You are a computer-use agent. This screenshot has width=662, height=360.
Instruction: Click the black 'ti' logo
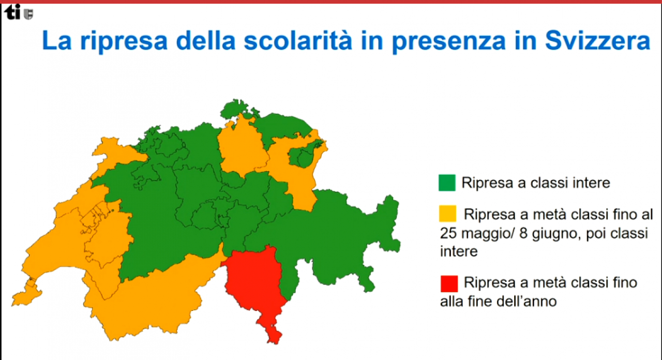[x=12, y=12]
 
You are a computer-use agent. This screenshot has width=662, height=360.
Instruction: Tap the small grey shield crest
[x=28, y=14]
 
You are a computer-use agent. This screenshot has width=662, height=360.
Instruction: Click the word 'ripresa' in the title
[x=124, y=41]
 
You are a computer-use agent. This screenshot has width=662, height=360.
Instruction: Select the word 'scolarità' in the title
[x=298, y=40]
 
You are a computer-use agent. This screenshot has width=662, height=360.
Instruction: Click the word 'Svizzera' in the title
[x=597, y=40]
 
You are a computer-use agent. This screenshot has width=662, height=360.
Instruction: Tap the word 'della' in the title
[x=206, y=40]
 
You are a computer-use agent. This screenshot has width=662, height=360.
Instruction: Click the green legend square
[x=447, y=183]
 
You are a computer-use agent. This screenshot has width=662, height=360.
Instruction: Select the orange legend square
[x=447, y=214]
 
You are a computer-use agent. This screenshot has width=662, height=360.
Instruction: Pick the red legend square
[x=449, y=283]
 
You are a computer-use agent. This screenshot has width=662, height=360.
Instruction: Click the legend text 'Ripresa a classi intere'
[x=536, y=183]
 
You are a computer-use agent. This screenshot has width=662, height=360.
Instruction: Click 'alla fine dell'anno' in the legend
[x=498, y=302]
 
